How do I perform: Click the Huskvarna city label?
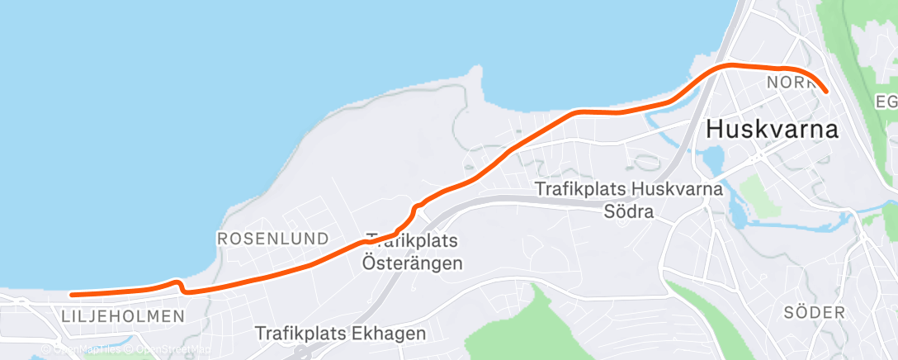772,130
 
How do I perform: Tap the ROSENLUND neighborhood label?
272,239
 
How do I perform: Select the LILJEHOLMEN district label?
123,316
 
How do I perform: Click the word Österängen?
413,263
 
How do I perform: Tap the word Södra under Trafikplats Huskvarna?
628,212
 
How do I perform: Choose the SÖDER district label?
815,313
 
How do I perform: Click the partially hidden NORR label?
787,83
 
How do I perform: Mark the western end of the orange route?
72,294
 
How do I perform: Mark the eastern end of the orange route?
825,91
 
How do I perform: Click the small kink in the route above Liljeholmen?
179,284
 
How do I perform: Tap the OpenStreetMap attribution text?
168,350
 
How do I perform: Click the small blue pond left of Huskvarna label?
711,157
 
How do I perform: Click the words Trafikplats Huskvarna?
629,189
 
